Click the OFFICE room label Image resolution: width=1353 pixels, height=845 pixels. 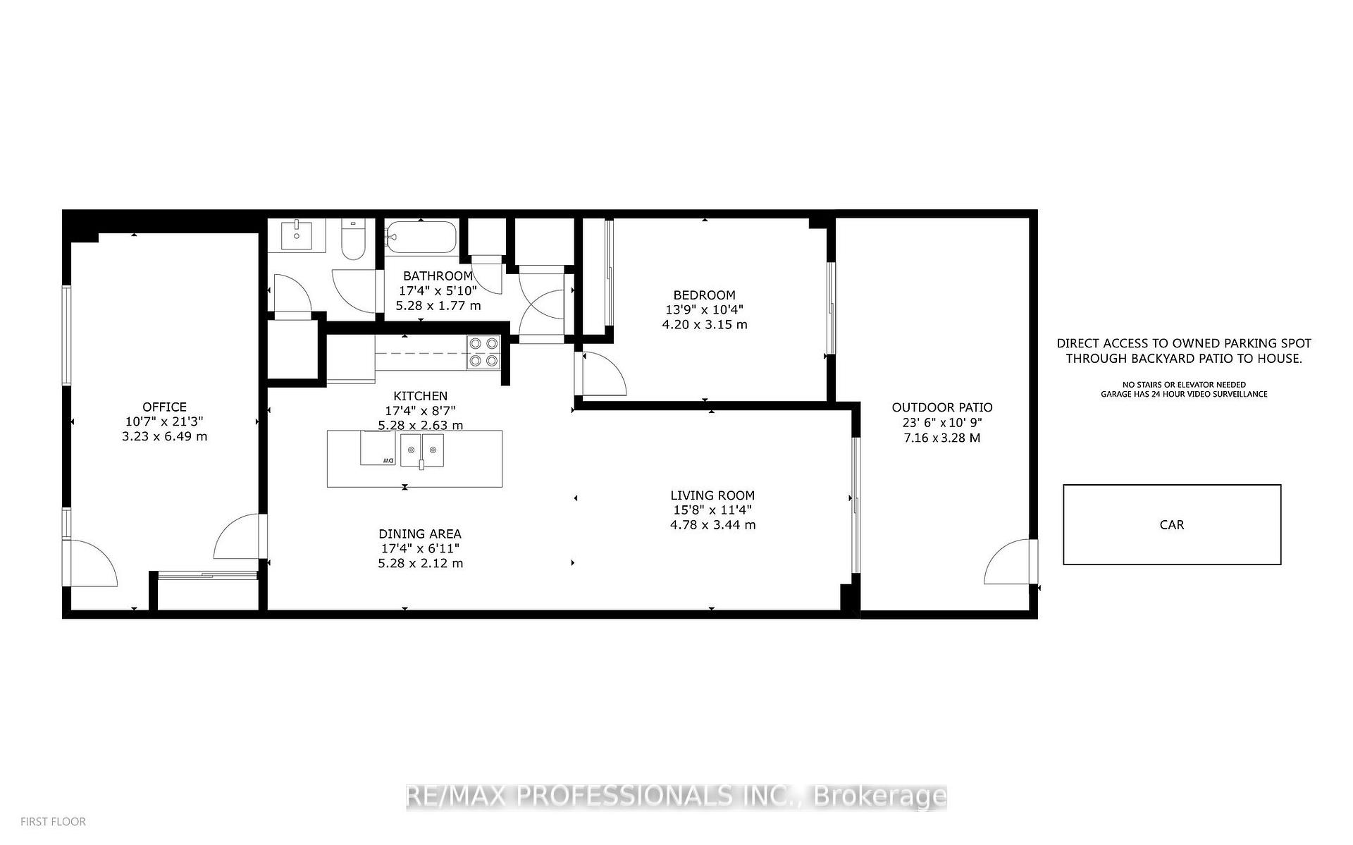tap(164, 407)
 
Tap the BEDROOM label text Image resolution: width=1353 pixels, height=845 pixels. tap(704, 295)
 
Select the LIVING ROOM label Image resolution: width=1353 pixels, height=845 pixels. tap(712, 495)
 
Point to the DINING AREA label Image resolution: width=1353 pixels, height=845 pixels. tap(420, 534)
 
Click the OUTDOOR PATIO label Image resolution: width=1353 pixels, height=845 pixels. tap(942, 407)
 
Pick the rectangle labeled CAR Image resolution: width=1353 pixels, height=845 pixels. tap(1171, 524)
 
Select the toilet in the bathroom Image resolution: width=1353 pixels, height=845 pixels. tap(353, 240)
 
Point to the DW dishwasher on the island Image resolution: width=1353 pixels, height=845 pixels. tap(378, 449)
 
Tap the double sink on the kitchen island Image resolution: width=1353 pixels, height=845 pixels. tap(422, 450)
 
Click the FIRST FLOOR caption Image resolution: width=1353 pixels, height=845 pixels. tap(54, 822)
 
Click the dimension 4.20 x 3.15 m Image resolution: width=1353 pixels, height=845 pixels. tap(705, 325)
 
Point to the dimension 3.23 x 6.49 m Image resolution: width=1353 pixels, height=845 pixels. tap(164, 436)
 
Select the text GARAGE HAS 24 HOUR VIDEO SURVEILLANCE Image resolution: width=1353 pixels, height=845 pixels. tap(1184, 394)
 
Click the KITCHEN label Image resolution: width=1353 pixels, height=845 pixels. tap(420, 396)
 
